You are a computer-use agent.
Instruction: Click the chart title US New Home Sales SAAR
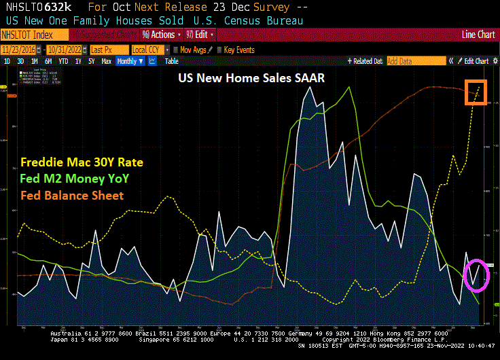click(x=251, y=78)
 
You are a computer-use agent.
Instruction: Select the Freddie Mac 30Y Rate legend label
click(x=76, y=163)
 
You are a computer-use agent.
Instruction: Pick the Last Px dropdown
click(x=107, y=50)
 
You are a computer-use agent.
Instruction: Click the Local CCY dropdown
click(x=149, y=50)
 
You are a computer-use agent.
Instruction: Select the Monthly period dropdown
click(x=130, y=61)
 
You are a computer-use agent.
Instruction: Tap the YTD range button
click(x=62, y=61)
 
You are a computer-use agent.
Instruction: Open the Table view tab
click(x=172, y=61)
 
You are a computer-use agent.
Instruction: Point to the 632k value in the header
click(x=63, y=7)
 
